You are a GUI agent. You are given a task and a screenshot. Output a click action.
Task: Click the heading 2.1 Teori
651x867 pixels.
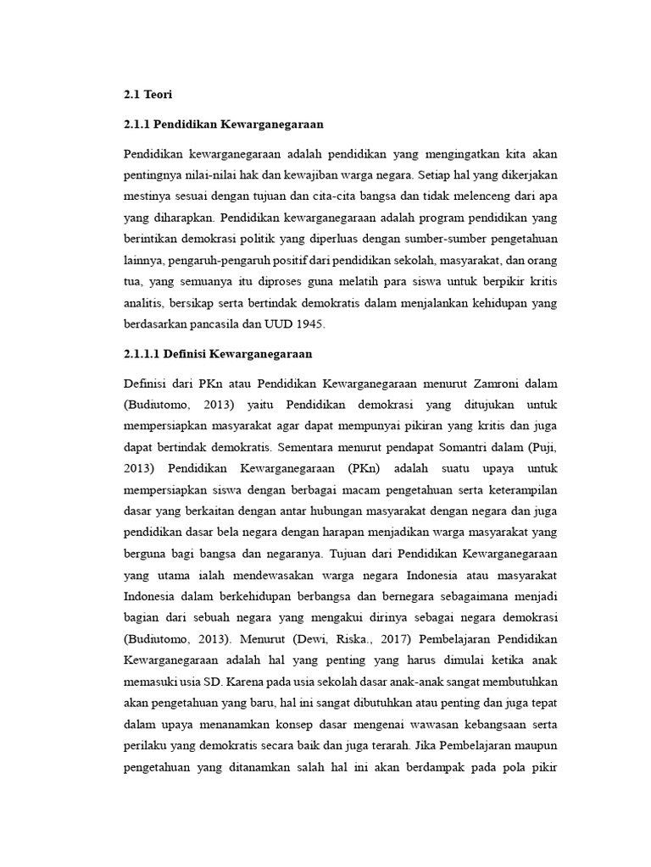147,95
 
